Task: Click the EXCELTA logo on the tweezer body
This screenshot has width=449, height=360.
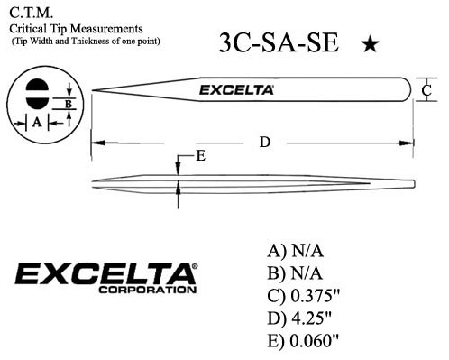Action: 236,90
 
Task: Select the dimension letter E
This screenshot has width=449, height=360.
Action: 200,155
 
